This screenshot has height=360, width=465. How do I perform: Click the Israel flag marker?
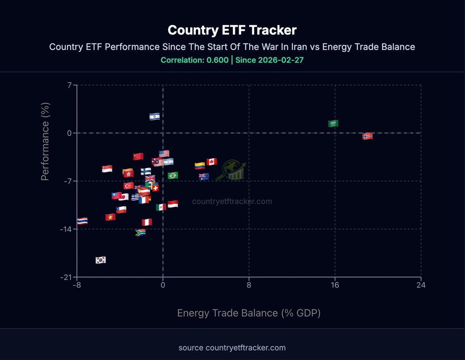tap(155, 116)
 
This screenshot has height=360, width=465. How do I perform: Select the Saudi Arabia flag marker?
tap(333, 123)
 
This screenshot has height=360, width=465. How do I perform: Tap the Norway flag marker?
tap(367, 136)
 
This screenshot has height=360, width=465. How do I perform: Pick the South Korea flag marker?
tap(101, 260)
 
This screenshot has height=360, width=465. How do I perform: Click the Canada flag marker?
tap(211, 162)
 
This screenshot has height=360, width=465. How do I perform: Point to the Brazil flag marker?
tap(173, 175)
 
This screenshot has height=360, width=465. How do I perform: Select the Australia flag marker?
tap(204, 177)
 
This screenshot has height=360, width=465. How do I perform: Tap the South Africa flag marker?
tap(140, 232)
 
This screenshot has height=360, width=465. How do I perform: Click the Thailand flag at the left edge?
tap(82, 221)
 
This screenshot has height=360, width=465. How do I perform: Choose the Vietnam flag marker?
tap(110, 217)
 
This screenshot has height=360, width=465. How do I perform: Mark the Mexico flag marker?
tap(161, 207)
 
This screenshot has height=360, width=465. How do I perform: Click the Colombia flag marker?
tap(200, 166)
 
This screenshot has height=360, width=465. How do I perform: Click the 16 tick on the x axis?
tap(335, 286)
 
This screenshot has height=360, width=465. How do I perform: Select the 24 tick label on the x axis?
tap(421, 286)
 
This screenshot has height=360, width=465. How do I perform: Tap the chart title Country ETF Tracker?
tap(232, 30)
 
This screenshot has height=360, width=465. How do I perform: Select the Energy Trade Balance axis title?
tap(249, 313)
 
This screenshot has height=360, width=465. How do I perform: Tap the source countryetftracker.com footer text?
tap(232, 348)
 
